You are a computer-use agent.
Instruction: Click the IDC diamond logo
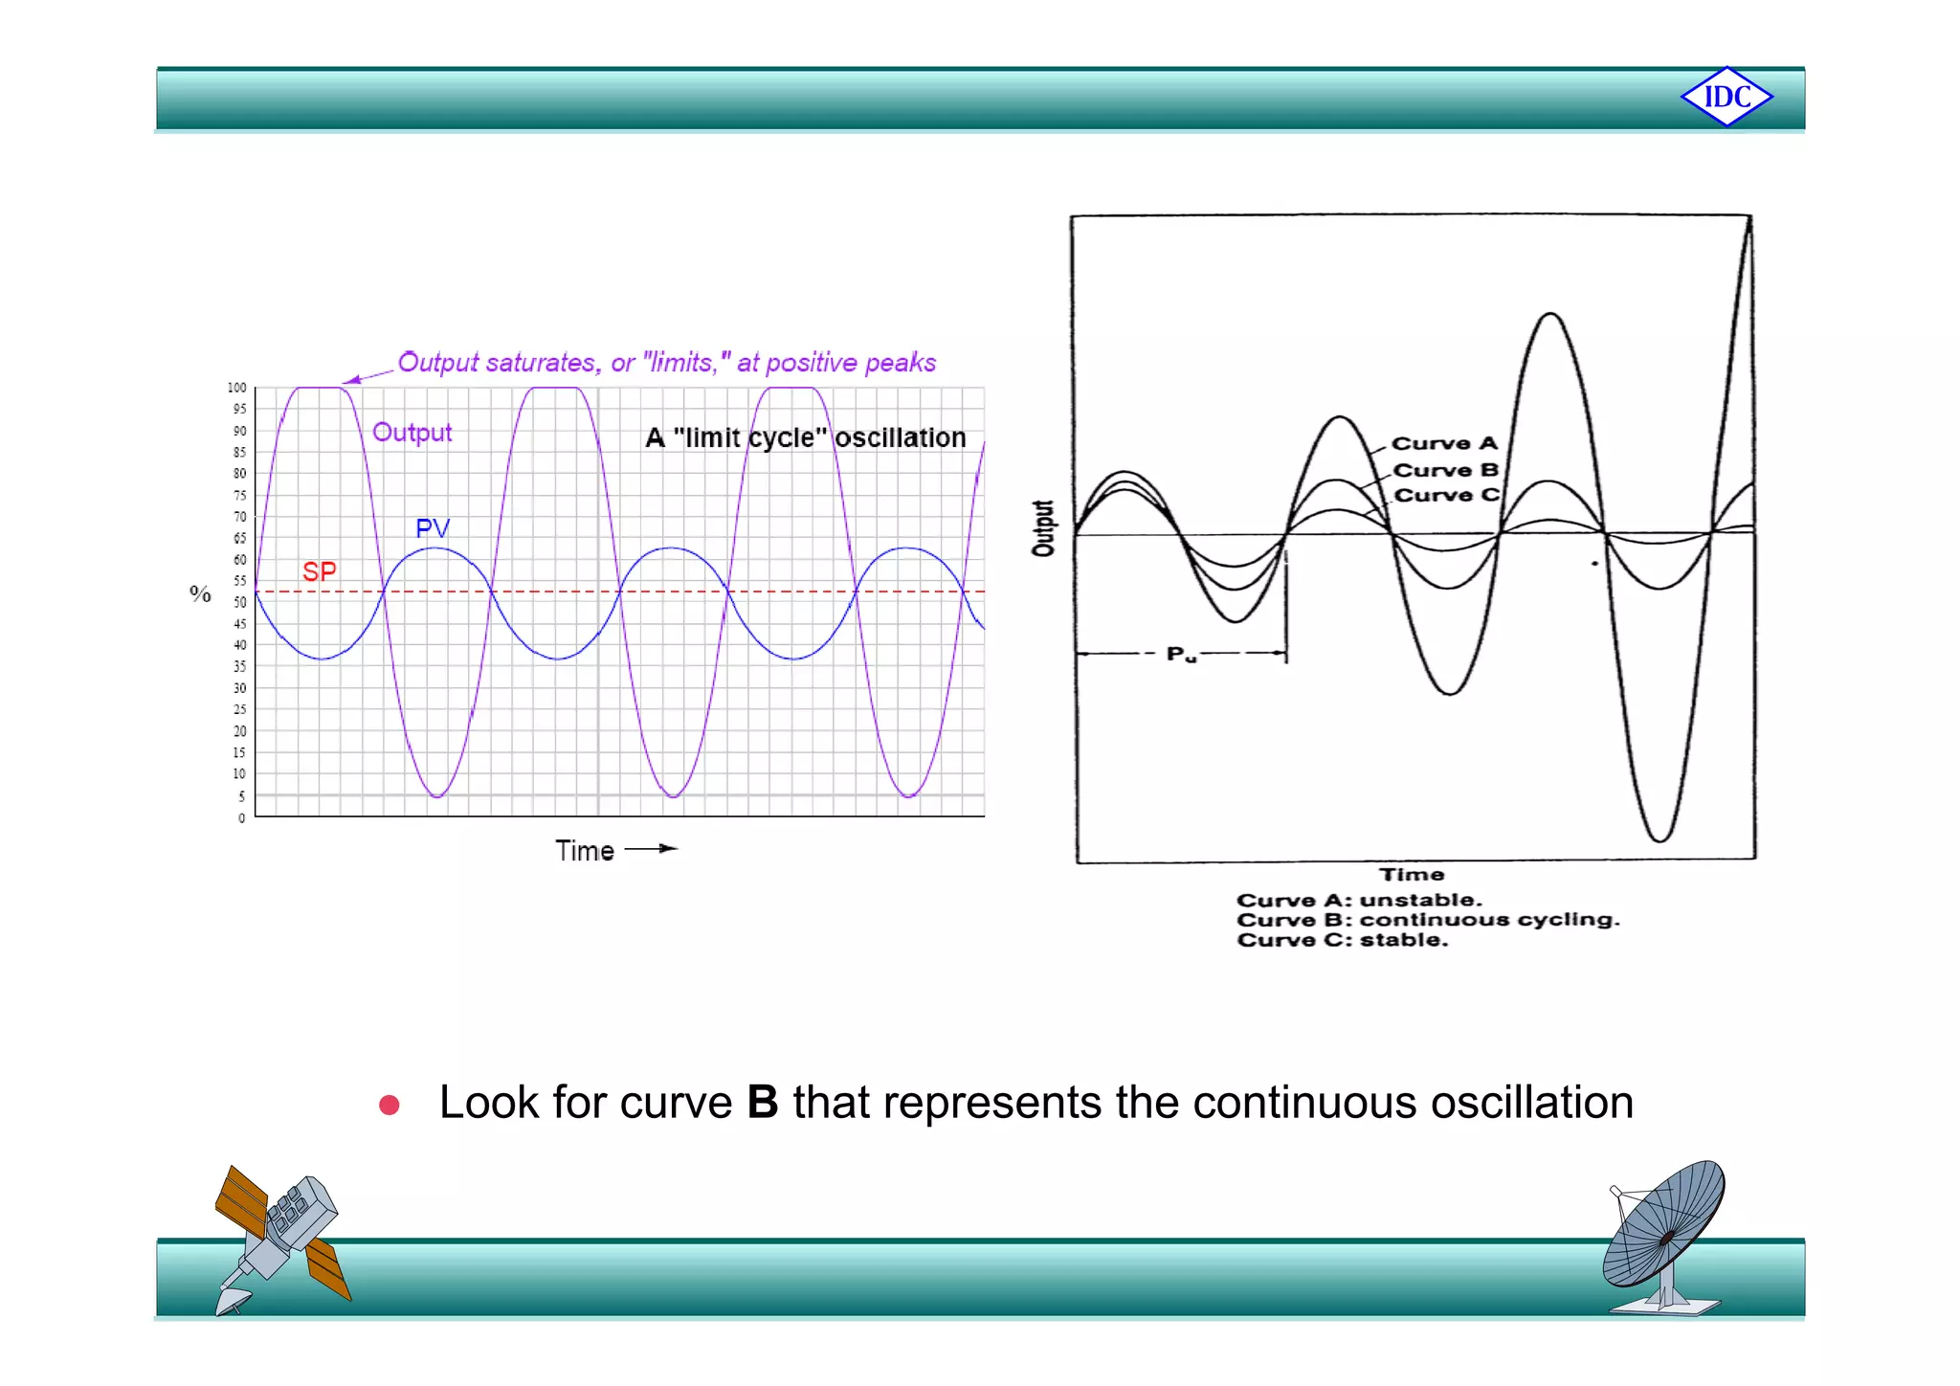1726,97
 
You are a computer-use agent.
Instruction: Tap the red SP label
319,571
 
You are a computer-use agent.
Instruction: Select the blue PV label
432,527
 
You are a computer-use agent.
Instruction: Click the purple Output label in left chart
412,432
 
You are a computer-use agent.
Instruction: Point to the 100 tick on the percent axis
236,388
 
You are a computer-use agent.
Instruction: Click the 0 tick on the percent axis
241,817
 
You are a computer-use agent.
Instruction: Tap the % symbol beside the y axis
200,593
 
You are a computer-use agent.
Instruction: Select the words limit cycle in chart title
749,437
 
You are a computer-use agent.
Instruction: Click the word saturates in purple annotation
541,363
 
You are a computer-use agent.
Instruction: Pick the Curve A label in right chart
1443,443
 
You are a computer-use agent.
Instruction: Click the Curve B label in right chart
1445,470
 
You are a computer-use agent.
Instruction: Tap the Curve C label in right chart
1445,495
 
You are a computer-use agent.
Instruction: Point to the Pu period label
1181,655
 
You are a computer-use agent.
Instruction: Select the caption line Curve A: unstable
1358,900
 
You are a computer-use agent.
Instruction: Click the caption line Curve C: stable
1342,940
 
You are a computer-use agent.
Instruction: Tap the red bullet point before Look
389,1106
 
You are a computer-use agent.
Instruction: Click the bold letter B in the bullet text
762,1102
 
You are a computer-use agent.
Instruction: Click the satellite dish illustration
1664,1235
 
